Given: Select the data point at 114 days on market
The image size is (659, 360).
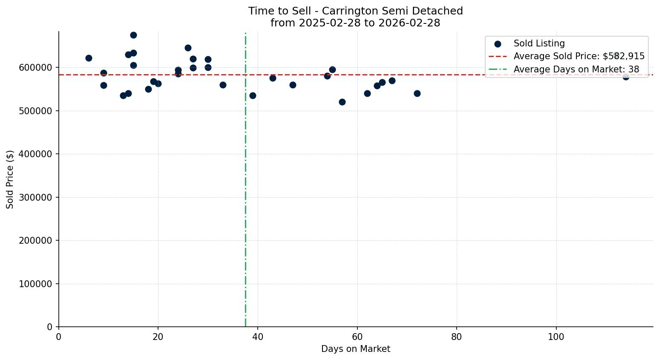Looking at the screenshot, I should (x=626, y=77).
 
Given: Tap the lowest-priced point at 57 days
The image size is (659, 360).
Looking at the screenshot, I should (x=342, y=102).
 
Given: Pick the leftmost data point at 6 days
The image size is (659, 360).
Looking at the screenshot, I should (x=89, y=58).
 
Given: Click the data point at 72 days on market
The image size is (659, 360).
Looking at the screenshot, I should (x=417, y=93).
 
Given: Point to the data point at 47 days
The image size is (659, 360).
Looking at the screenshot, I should (x=293, y=85).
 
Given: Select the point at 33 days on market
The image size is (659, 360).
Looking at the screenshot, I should (x=223, y=85).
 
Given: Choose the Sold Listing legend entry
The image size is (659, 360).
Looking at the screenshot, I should (x=539, y=43).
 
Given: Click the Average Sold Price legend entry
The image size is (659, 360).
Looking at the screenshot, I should (x=578, y=56).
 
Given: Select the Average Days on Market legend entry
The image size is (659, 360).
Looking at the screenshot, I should (x=576, y=69).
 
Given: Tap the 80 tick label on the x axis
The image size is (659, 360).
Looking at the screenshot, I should (x=457, y=337).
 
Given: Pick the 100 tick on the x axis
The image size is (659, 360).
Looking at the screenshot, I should (x=556, y=337).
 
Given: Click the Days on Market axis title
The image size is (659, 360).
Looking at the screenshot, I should (x=356, y=349).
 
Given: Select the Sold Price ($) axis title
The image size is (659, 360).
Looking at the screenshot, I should (x=10, y=179).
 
